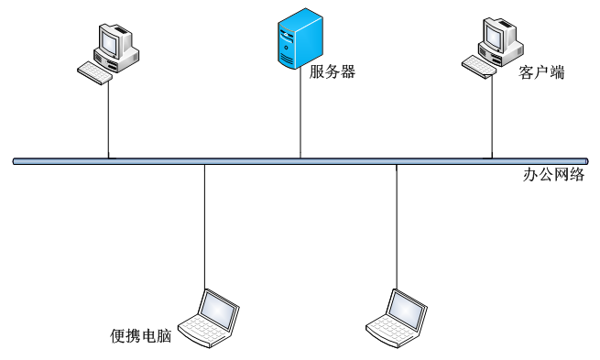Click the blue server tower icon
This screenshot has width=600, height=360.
[x=300, y=38]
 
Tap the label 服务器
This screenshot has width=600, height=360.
[x=333, y=71]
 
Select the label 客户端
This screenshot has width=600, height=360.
[x=541, y=72]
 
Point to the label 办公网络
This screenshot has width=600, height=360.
[x=553, y=174]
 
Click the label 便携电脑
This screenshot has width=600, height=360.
[x=141, y=336]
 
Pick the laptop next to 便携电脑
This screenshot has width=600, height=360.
[x=209, y=318]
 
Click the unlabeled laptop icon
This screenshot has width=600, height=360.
[x=397, y=318]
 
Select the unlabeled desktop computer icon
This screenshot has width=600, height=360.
[x=108, y=53]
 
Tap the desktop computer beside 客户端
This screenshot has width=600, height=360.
[x=493, y=49]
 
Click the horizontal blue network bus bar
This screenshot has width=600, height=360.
[x=300, y=161]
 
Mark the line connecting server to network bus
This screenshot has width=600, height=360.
[x=300, y=114]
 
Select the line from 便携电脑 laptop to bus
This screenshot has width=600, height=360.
[x=204, y=227]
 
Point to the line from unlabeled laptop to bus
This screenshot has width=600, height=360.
[x=397, y=227]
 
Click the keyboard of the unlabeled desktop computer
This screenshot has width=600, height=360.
[x=95, y=73]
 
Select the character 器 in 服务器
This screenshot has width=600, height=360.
[x=348, y=71]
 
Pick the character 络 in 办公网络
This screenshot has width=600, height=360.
[x=577, y=174]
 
